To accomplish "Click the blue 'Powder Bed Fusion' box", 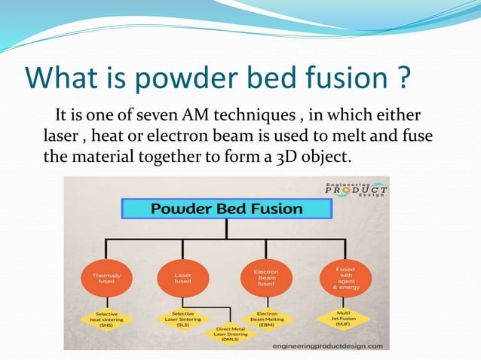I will [x=227, y=209].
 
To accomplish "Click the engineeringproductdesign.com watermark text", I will [x=326, y=346].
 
